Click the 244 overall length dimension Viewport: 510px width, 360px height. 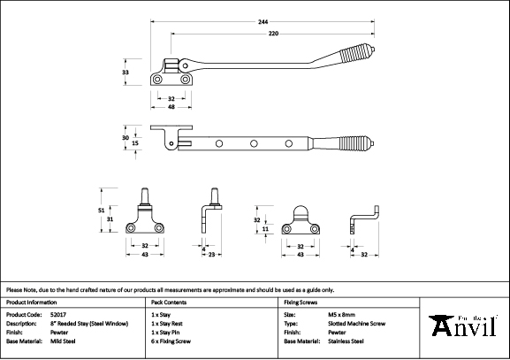(263, 22)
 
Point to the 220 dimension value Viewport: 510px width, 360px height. (273, 34)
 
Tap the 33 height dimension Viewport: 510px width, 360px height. (126, 73)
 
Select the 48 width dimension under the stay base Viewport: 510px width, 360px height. (171, 107)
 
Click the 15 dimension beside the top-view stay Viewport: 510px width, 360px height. (135, 143)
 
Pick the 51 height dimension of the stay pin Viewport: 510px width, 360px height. (101, 211)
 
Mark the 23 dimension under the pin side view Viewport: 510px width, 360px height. (211, 255)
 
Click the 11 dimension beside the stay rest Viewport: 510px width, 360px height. (265, 229)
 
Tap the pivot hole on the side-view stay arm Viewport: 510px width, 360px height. (185, 65)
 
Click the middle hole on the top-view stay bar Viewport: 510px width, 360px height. (254, 143)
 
